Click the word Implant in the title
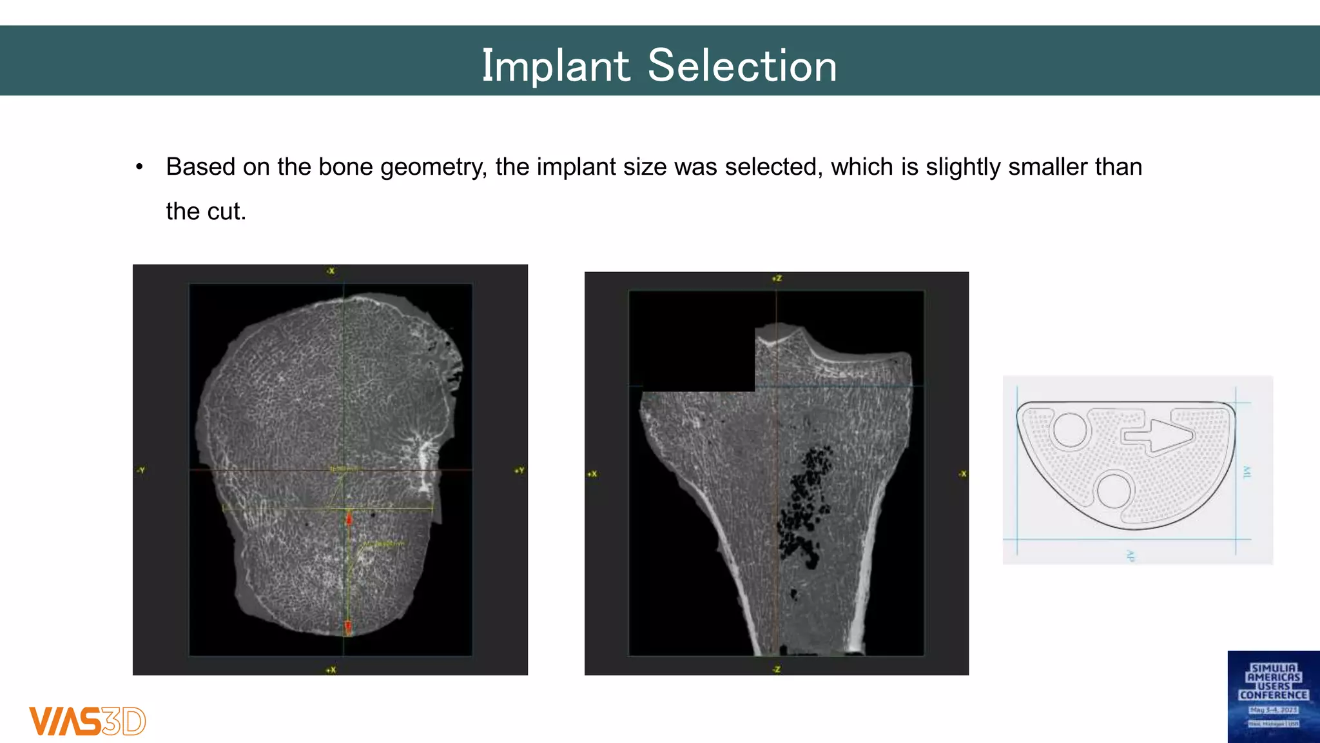pos(556,66)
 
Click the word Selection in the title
pos(742,66)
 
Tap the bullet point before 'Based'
pos(139,168)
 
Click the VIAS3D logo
pos(87,721)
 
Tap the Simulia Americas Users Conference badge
pos(1273,697)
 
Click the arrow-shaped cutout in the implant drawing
pos(1158,435)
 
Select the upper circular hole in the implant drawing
pos(1071,430)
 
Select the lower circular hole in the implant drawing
pos(1114,491)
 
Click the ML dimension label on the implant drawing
pos(1247,472)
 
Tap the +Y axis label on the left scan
pos(519,470)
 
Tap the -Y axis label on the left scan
pos(141,470)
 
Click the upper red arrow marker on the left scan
pos(349,518)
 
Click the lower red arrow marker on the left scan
pos(348,626)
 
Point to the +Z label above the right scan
pos(777,279)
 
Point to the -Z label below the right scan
pos(777,669)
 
